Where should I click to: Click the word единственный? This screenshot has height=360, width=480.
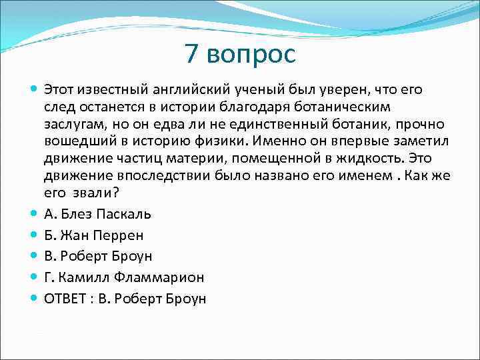[271, 125]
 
